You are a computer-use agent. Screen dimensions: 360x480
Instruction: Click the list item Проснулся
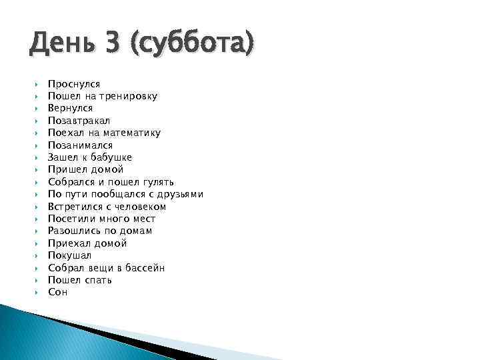coord(73,84)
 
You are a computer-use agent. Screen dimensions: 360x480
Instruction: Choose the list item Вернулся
coord(70,108)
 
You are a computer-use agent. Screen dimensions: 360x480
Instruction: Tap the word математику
coord(131,133)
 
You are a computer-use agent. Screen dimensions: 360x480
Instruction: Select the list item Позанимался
coord(80,145)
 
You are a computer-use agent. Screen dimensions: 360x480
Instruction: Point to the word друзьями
coord(178,194)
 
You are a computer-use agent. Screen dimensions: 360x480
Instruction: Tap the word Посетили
coord(69,219)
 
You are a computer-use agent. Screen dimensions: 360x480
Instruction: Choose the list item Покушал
coord(69,255)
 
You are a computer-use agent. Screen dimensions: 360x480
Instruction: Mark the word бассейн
coord(143,267)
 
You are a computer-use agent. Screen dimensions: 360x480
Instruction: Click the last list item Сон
coord(57,292)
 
